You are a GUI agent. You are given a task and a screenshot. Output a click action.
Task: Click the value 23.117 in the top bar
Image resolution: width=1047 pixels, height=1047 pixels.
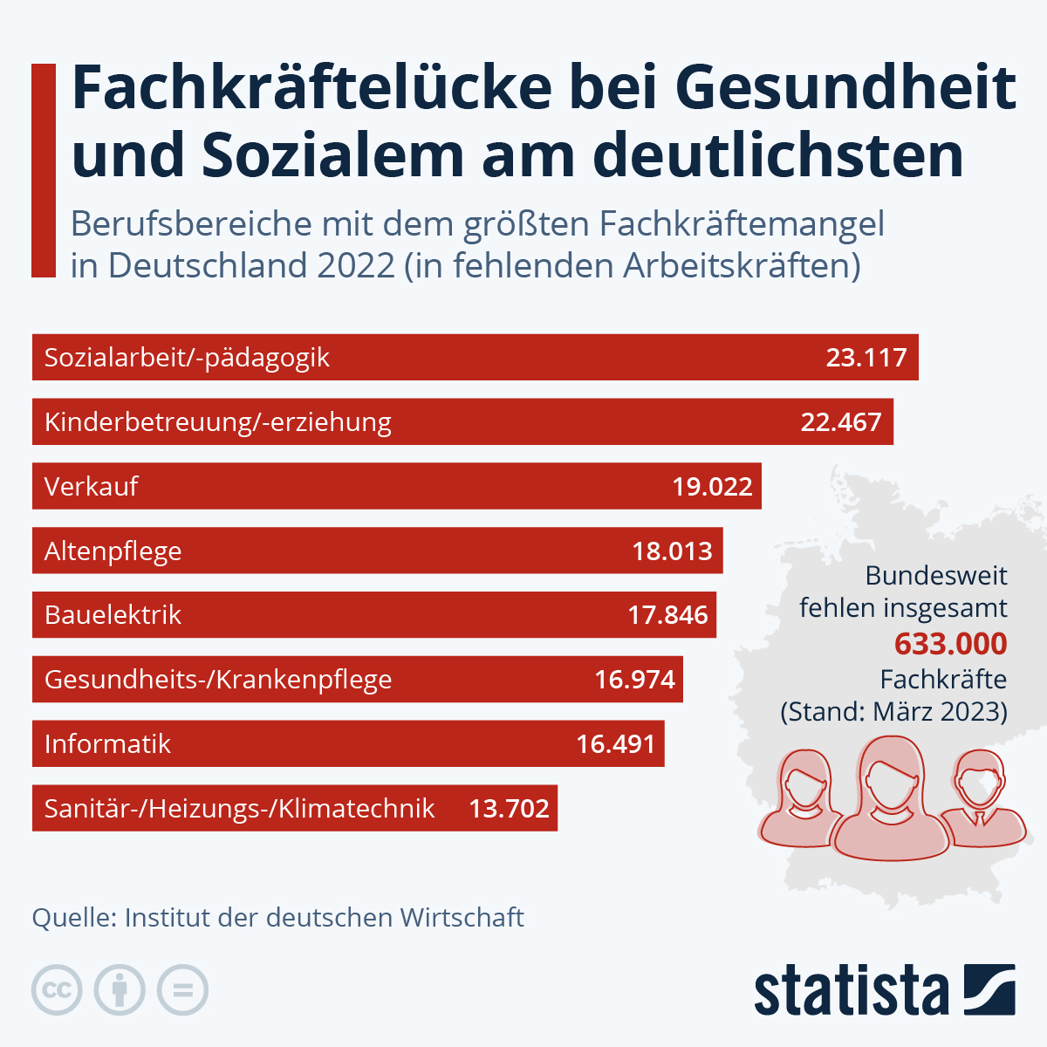pos(866,358)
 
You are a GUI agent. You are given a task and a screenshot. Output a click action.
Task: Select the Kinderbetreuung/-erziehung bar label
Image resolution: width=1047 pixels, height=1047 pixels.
pos(218,422)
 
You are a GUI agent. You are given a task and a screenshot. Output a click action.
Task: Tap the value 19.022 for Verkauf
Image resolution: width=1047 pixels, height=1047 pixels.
pos(712,487)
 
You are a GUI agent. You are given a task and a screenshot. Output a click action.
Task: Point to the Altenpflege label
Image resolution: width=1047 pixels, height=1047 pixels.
pos(113,551)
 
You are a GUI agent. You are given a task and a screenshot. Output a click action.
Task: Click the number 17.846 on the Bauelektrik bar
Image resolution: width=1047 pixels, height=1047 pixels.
pos(667,615)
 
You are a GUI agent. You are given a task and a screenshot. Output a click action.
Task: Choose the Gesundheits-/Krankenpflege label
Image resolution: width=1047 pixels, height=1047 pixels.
pos(218,680)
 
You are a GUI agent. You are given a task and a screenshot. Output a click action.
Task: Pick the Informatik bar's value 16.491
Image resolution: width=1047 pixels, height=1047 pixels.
pos(615,744)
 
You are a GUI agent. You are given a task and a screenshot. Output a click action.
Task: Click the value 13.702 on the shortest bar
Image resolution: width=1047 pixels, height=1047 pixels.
pos(509,808)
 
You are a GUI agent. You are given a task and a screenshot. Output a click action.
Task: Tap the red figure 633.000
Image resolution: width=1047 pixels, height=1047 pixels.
pos(950,644)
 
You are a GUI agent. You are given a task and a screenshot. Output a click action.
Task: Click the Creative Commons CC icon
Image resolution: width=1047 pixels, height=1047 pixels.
pos(57,990)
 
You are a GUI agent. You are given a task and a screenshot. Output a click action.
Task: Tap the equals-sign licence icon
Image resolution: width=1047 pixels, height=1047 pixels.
pos(183,990)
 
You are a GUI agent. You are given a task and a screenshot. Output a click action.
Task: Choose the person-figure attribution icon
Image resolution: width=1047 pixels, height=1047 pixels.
pos(120,990)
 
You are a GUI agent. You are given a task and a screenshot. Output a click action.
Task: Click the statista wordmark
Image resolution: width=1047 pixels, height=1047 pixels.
pos(851,990)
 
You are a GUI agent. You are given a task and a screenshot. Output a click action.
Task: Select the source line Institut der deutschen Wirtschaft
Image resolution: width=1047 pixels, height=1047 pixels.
pos(324,918)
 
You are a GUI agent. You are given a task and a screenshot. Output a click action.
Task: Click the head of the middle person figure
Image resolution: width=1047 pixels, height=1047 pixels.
pos(891,776)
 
